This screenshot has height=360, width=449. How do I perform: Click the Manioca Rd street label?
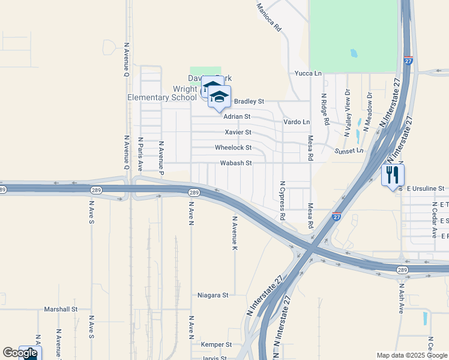268,17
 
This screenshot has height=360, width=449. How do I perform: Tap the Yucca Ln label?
308,73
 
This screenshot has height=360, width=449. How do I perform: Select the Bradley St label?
249,101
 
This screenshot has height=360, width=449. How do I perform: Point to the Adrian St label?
237,116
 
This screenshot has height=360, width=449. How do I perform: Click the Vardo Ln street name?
297,122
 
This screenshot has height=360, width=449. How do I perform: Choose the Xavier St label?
238,132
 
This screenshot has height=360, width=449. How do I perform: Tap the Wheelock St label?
233,148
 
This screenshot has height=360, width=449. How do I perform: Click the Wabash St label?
235,163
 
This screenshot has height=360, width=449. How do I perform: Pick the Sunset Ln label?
349,151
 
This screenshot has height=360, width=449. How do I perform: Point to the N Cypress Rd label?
282,199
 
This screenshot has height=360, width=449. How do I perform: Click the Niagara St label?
213,295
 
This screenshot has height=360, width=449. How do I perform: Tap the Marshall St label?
61,309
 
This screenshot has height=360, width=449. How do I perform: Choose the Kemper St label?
217,344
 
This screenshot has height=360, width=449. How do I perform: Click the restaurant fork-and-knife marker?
393,175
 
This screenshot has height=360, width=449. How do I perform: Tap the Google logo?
20,353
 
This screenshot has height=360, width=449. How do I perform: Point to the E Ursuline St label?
426,188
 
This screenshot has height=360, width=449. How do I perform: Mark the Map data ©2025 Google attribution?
411,355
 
